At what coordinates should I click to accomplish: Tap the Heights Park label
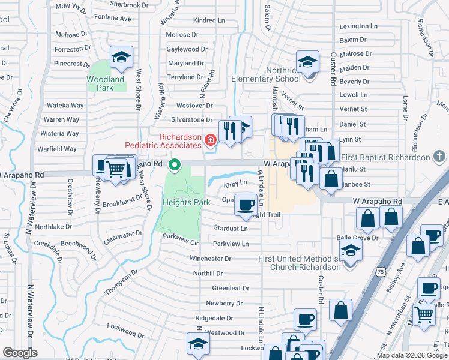click(x=186, y=202)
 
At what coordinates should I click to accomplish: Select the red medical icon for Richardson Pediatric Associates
click(x=210, y=140)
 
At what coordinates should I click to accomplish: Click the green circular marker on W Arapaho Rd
click(x=175, y=164)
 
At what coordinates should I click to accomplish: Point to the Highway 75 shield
click(x=381, y=272)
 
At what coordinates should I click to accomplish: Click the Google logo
click(x=20, y=353)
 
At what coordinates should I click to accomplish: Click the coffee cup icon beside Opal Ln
click(x=245, y=205)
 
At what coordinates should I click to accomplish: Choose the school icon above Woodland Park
click(x=121, y=58)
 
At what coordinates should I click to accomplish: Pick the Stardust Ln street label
click(x=231, y=229)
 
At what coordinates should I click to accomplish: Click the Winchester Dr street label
click(x=211, y=259)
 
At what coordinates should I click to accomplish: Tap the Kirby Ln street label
click(x=235, y=182)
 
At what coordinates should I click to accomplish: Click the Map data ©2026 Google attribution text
click(x=412, y=355)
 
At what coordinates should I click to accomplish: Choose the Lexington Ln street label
click(x=358, y=26)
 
